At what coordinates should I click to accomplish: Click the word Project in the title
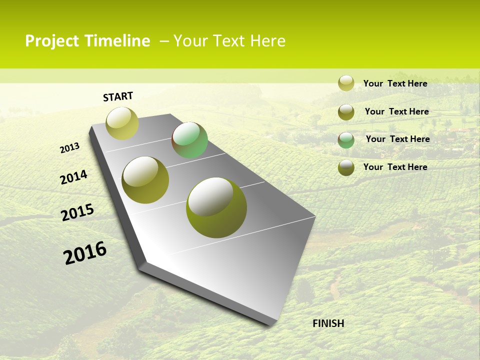[50, 41]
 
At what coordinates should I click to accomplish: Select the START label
[118, 96]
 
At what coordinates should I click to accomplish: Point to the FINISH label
[328, 323]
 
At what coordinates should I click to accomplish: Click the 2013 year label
[69, 148]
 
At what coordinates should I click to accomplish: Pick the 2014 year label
[73, 177]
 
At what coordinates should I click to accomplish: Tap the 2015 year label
[77, 212]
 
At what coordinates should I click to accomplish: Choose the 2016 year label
[85, 253]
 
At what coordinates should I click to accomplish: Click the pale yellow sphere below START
[122, 123]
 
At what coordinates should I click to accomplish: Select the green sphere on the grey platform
[189, 140]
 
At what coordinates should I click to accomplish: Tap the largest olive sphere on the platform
[216, 207]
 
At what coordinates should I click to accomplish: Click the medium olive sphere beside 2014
[145, 180]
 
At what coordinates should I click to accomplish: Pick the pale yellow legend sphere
[346, 83]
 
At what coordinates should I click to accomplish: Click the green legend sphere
[346, 140]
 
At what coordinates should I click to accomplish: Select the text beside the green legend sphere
[397, 139]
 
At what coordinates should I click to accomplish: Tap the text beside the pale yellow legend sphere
[395, 83]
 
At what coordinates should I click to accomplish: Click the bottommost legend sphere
[346, 168]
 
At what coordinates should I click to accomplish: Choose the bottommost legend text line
[395, 167]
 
